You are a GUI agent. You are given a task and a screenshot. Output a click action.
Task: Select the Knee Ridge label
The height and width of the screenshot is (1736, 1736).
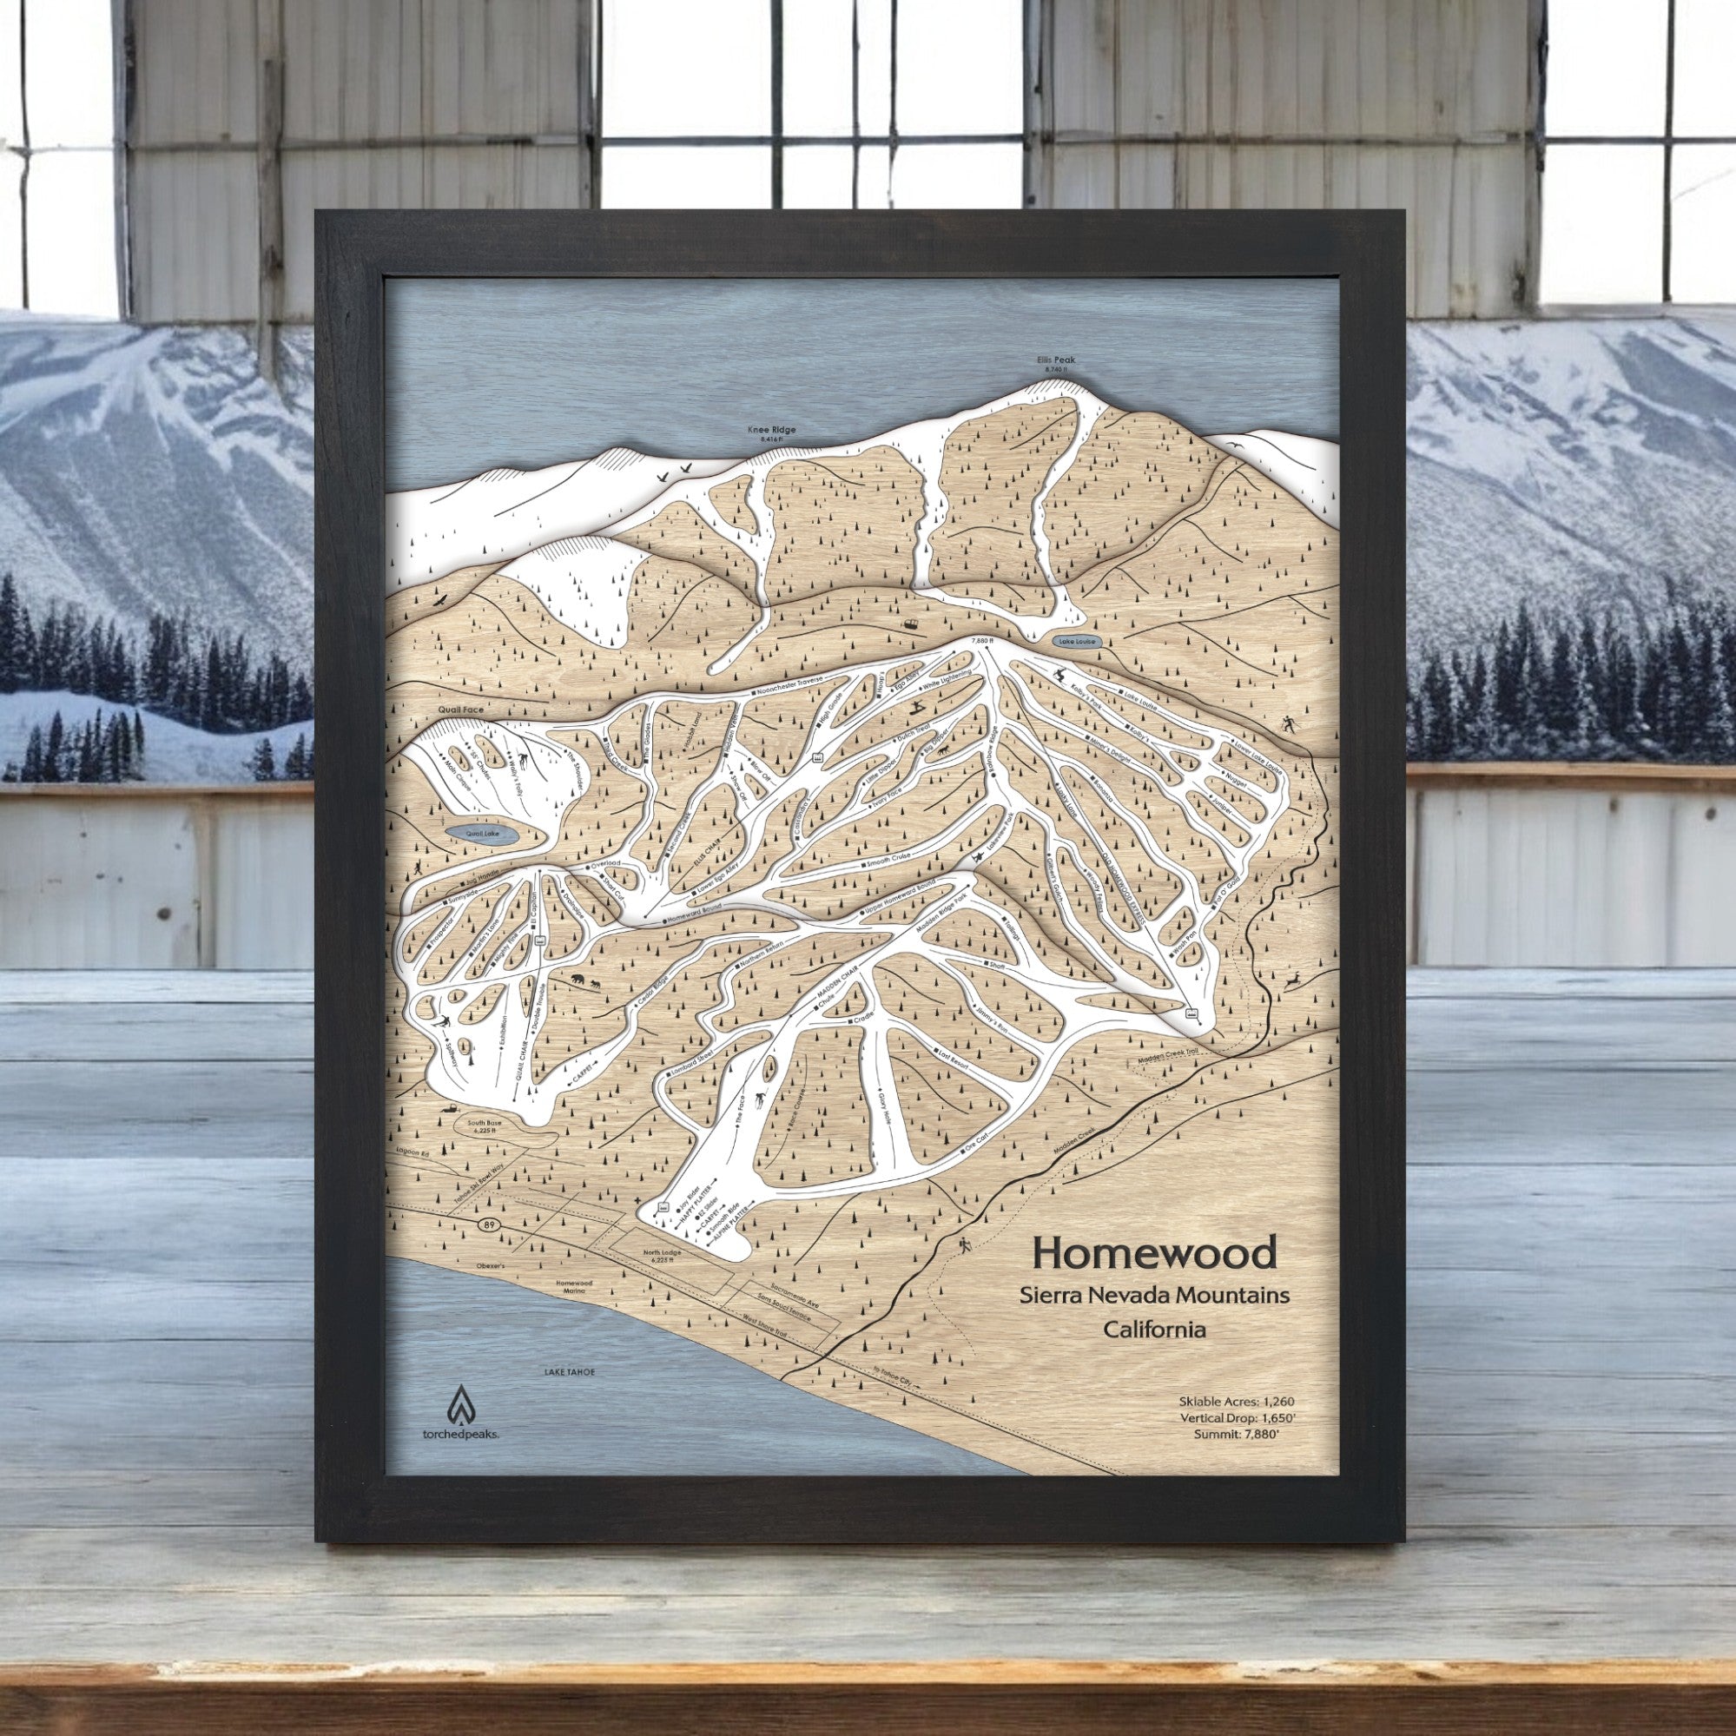pyautogui.click(x=771, y=431)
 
